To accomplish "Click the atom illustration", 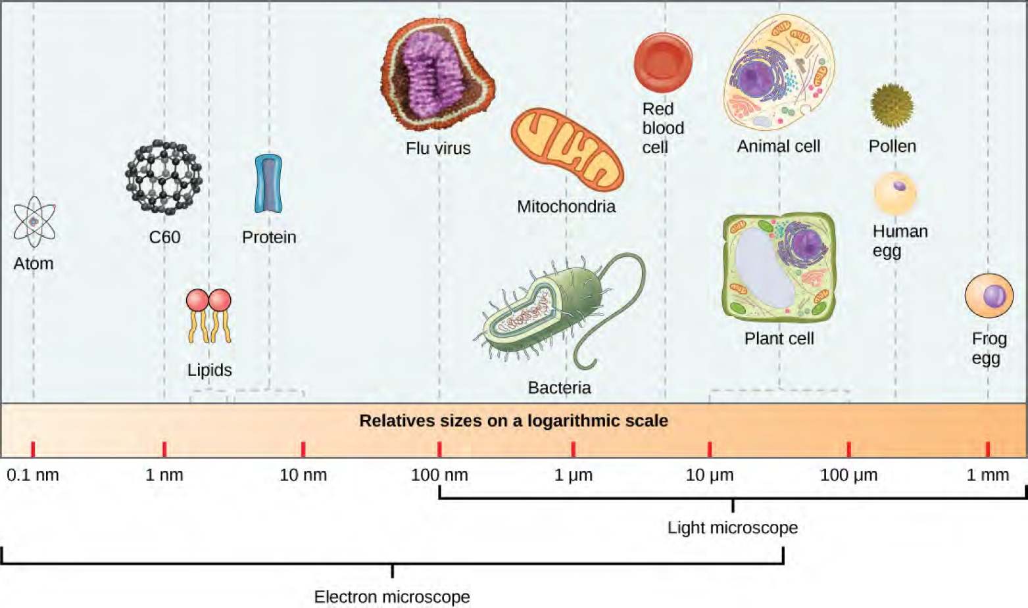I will [x=34, y=222].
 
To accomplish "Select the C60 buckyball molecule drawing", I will [x=164, y=177].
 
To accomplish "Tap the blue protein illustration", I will [x=268, y=183].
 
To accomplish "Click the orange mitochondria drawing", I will [x=567, y=150].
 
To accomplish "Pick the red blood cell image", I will [x=663, y=62].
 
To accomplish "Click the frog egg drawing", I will [x=989, y=296].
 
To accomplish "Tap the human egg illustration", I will [x=894, y=193].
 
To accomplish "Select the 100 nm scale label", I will [x=439, y=475].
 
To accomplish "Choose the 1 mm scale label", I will [x=987, y=475].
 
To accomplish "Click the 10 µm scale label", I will [x=709, y=475].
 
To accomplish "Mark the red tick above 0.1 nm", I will [x=33, y=449].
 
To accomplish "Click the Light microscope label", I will [x=733, y=527].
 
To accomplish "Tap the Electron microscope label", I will [x=392, y=597].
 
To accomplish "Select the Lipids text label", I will [x=209, y=370].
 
